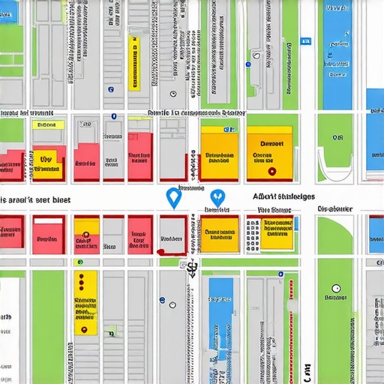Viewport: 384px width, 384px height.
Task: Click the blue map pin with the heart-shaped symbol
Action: tap(217, 196)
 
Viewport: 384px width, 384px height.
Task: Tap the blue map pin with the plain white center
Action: tap(173, 196)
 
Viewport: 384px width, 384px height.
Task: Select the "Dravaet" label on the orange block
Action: tap(271, 142)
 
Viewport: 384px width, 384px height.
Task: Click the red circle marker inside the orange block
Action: tap(272, 171)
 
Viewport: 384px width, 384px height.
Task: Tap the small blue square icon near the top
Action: tap(305, 42)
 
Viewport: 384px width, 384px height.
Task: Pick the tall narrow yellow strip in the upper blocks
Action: tap(135, 63)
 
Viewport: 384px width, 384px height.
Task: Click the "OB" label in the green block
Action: tap(337, 138)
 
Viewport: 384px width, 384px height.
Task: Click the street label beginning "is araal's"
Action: tap(35, 200)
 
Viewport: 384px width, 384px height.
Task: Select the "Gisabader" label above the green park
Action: tap(334, 208)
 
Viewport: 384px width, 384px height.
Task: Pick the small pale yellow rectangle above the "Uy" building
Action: tap(44, 125)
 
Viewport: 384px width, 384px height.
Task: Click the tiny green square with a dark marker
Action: tap(111, 331)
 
